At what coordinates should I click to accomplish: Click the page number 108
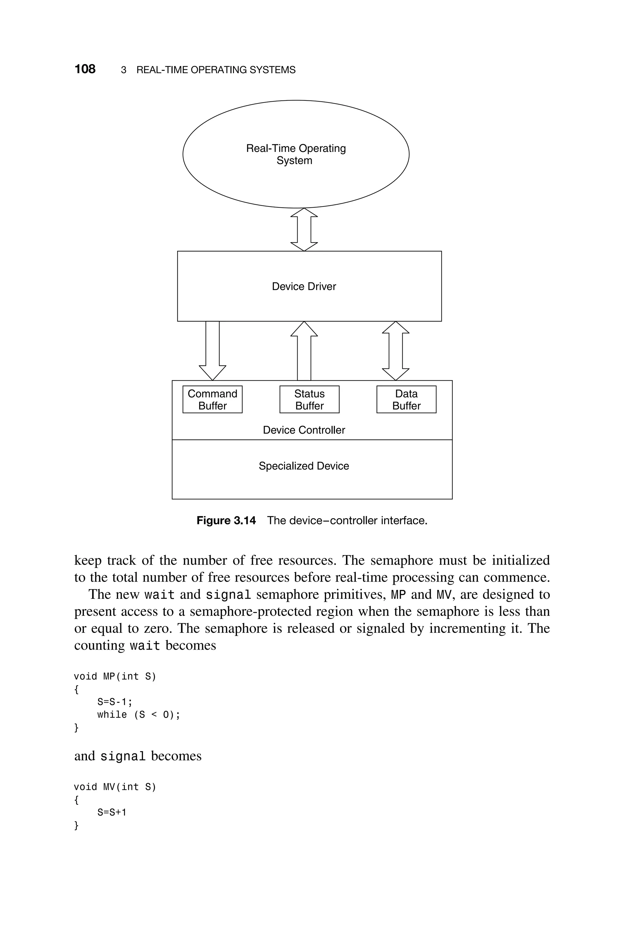coord(85,69)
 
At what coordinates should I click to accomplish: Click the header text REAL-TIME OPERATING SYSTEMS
coord(216,70)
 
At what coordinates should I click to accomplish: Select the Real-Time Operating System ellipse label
coord(296,154)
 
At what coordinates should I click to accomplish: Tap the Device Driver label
coord(304,286)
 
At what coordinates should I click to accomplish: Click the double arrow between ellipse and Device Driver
coord(304,229)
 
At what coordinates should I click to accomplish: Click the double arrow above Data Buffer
coord(396,351)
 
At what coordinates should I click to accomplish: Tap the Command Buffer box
coord(212,399)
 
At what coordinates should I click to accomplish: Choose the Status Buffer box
coord(309,399)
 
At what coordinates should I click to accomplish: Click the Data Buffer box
coord(406,399)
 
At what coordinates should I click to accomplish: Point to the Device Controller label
coord(304,430)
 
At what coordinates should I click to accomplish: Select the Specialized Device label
coord(304,466)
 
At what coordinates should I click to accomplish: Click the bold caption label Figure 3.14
coord(226,520)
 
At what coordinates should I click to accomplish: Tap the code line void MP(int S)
coord(115,676)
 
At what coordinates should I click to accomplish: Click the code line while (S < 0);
coord(138,715)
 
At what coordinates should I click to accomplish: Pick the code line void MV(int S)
coord(115,787)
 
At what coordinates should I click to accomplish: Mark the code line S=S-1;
coord(115,702)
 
